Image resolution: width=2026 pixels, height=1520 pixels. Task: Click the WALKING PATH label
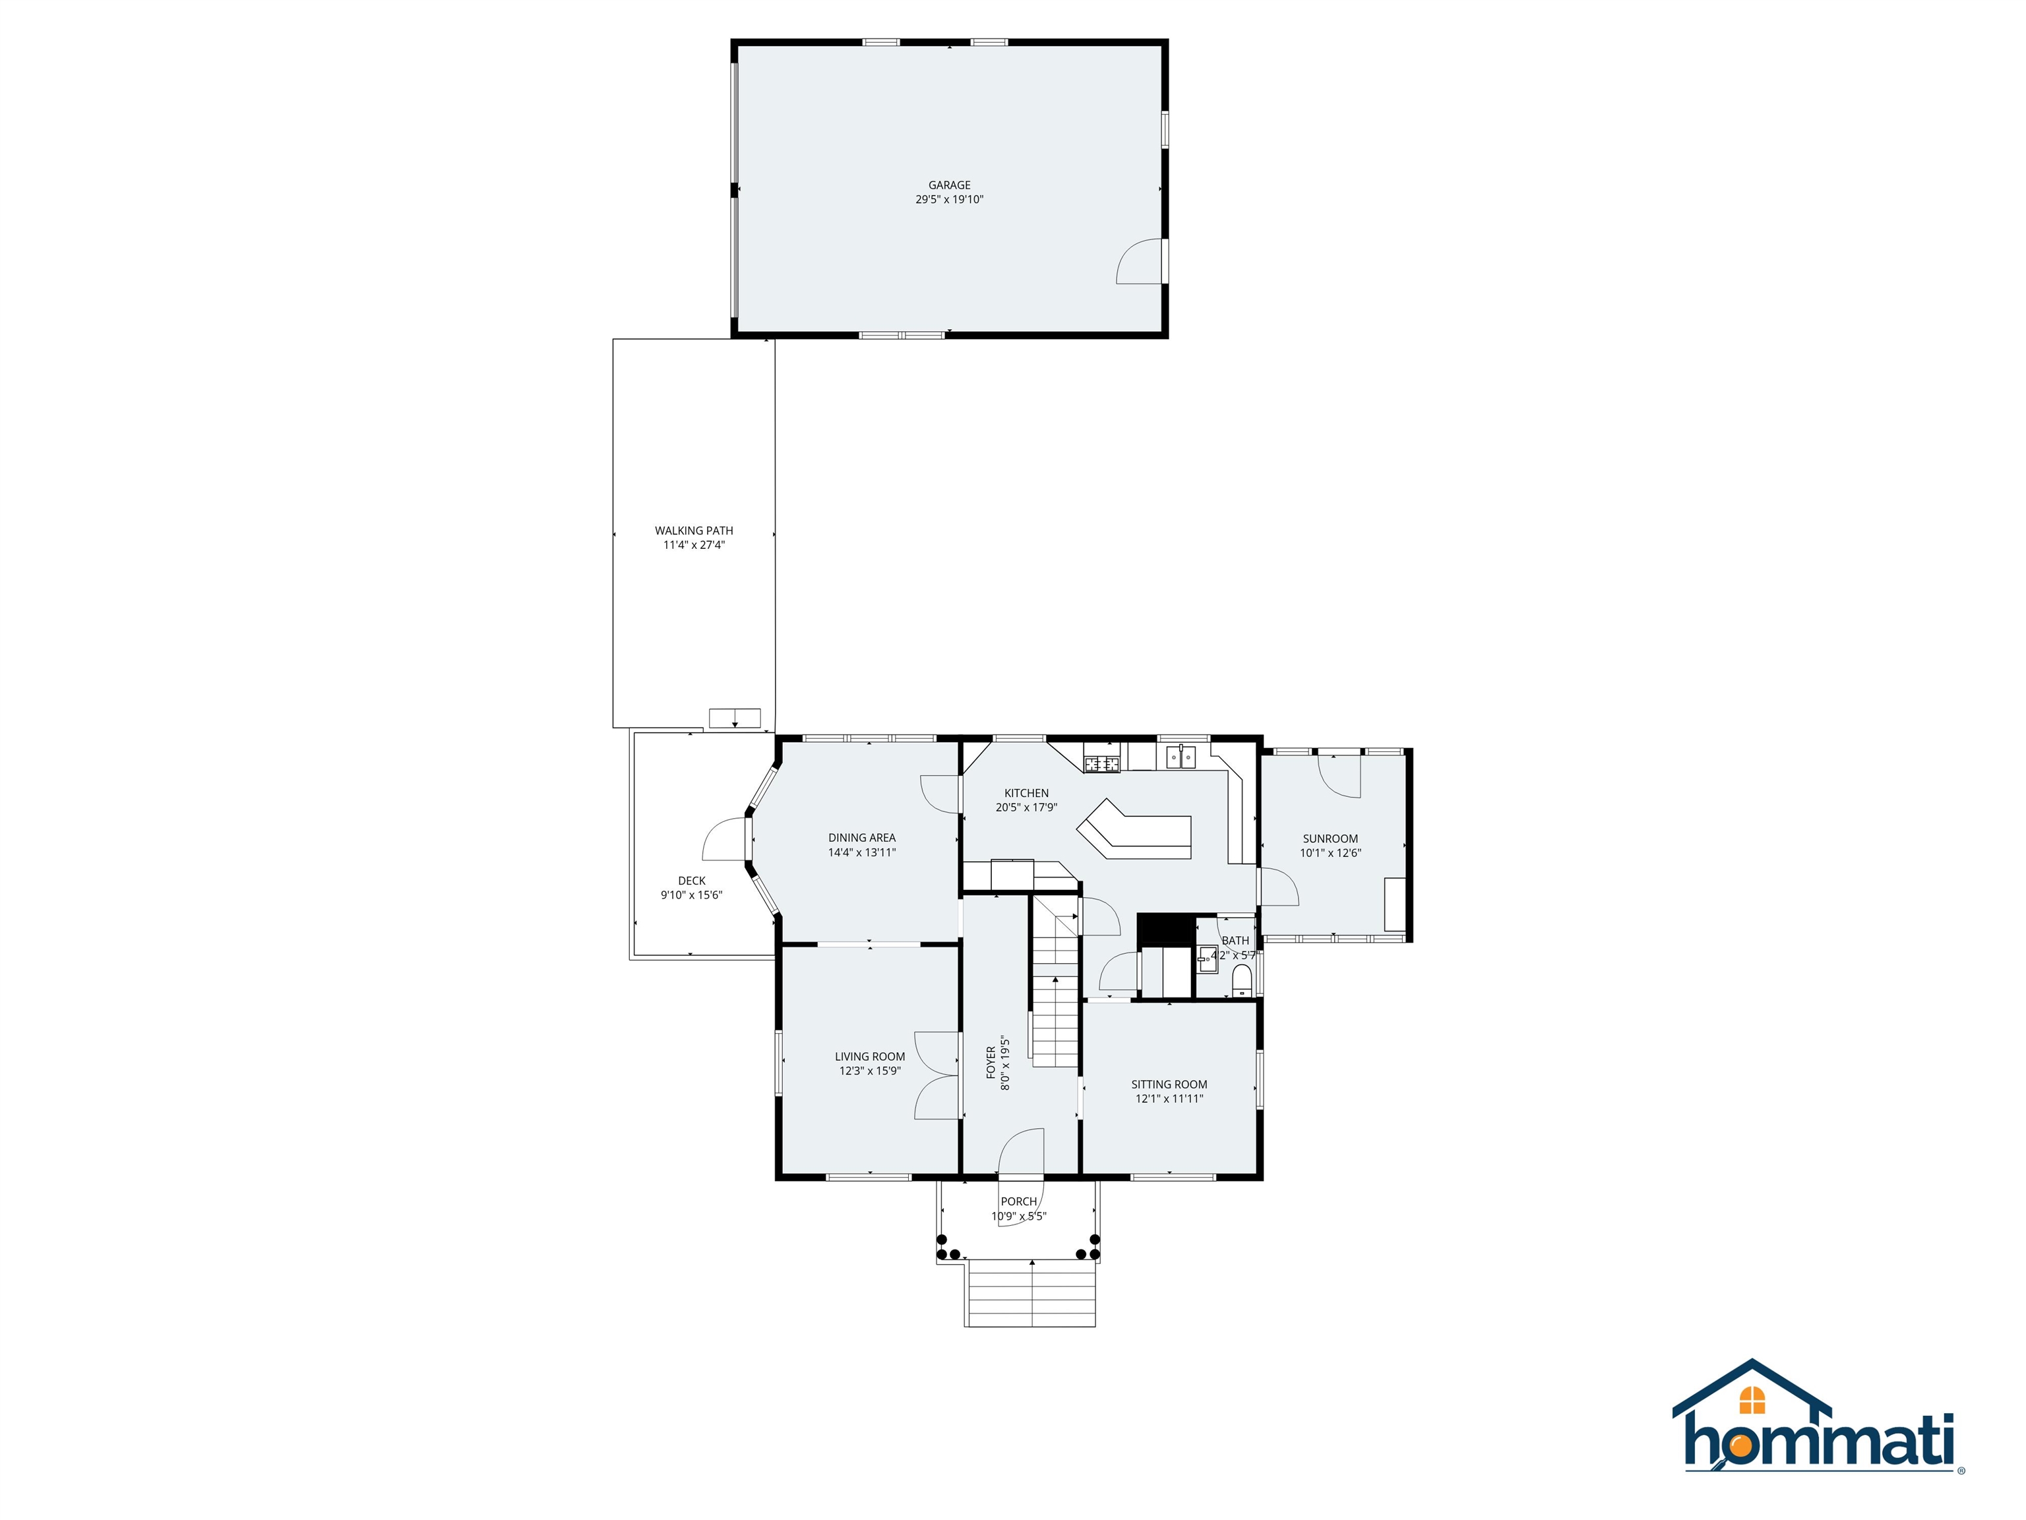[x=693, y=530]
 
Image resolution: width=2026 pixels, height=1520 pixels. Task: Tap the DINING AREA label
[x=861, y=837]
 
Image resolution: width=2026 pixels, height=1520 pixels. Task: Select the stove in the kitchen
[x=1102, y=763]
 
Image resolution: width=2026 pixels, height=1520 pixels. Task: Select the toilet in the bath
[x=1241, y=981]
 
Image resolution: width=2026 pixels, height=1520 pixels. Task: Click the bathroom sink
[x=1206, y=959]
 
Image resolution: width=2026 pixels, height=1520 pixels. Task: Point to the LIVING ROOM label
[x=869, y=1056]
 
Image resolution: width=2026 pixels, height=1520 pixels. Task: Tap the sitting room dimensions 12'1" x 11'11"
[x=1169, y=1098]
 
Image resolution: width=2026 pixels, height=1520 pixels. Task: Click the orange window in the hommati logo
[x=1751, y=1399]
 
